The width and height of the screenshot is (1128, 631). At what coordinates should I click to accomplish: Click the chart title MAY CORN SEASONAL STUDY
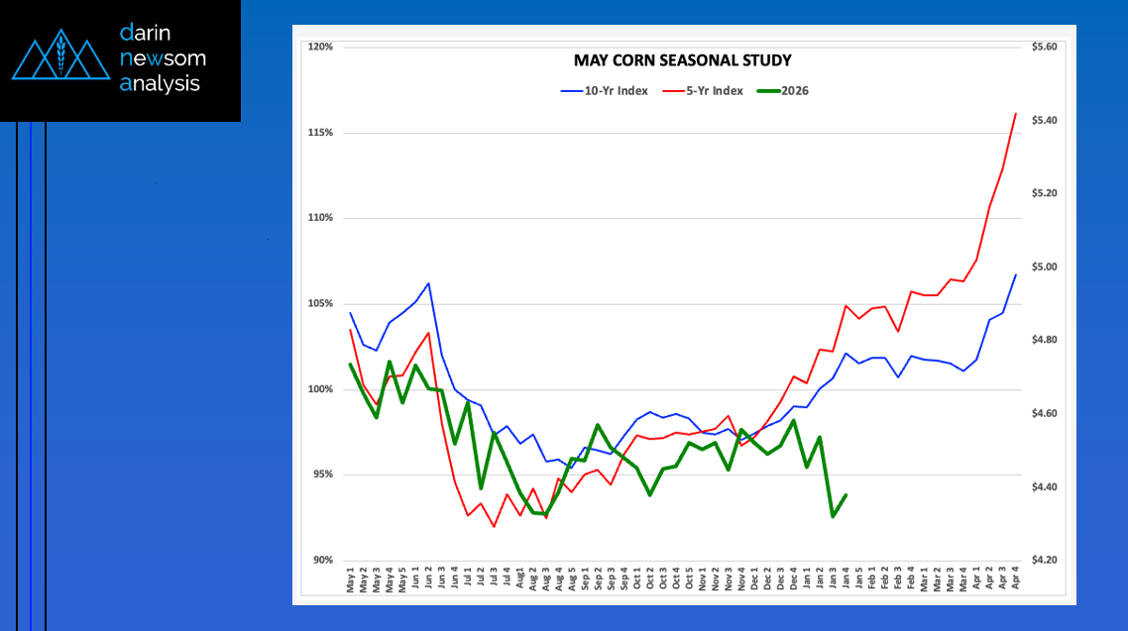point(683,60)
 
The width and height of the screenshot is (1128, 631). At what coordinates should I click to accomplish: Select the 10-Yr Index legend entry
point(605,90)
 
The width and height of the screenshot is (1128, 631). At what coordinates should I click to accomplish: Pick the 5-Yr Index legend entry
point(705,90)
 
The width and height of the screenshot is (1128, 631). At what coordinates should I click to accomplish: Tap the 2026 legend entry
point(783,90)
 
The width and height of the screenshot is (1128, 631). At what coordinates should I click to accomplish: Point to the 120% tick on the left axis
point(320,47)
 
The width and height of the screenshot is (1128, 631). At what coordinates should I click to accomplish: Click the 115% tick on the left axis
point(320,133)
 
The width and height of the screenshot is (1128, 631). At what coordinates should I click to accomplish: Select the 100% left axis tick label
point(320,389)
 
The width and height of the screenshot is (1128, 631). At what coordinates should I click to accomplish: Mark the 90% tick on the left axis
point(322,561)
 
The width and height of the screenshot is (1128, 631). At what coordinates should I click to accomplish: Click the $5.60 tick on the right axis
point(1045,47)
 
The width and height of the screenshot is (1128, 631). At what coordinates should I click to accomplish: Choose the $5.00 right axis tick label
point(1045,266)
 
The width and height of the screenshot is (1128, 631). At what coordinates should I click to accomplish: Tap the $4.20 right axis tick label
point(1045,561)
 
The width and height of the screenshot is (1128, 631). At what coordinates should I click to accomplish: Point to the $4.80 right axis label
point(1045,340)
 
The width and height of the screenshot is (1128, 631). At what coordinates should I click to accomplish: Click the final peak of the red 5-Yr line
point(1016,114)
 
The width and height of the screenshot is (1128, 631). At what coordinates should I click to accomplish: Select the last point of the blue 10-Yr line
point(1016,274)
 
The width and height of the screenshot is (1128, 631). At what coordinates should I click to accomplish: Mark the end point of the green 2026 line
point(846,495)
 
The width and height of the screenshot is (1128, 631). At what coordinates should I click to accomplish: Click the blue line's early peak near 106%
point(428,283)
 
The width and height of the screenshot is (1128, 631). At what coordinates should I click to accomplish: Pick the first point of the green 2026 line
point(351,365)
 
